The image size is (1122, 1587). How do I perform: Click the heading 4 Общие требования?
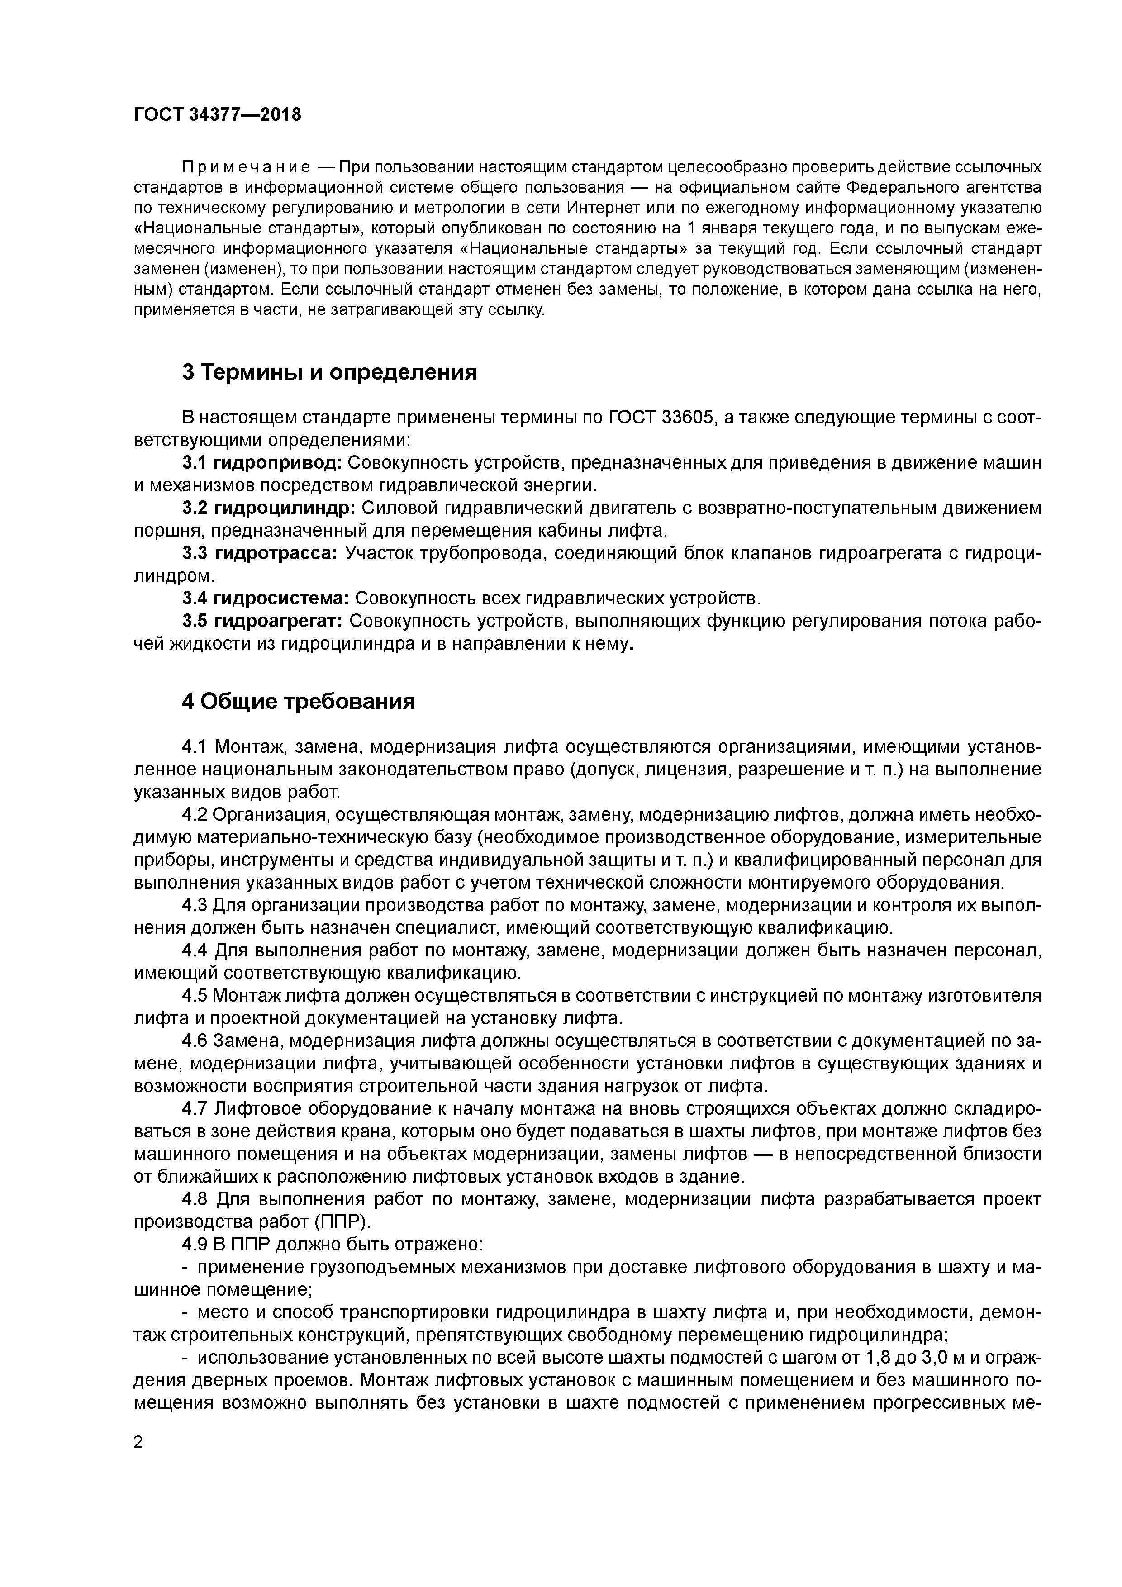click(x=298, y=702)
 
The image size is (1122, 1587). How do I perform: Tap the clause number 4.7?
click(x=195, y=1109)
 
